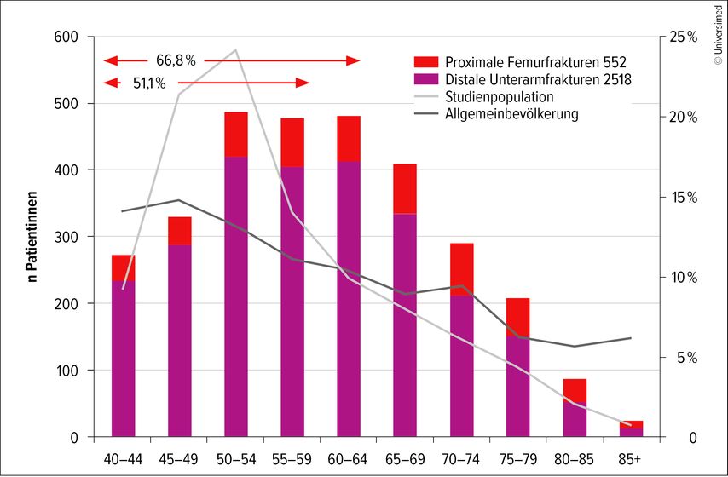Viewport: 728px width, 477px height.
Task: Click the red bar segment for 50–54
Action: click(x=236, y=134)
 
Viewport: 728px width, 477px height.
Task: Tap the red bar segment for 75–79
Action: click(x=517, y=316)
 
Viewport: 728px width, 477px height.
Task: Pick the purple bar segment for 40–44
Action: click(x=124, y=359)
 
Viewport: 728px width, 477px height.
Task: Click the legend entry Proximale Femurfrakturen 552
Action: click(x=520, y=62)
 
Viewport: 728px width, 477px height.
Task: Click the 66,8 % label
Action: click(x=176, y=60)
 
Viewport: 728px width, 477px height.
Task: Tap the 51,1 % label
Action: click(x=149, y=83)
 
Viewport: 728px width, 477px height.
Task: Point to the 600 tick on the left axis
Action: click(x=66, y=37)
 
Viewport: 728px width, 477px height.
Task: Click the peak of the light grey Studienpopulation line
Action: click(x=235, y=50)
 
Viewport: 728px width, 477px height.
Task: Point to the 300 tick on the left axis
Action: click(x=66, y=237)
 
